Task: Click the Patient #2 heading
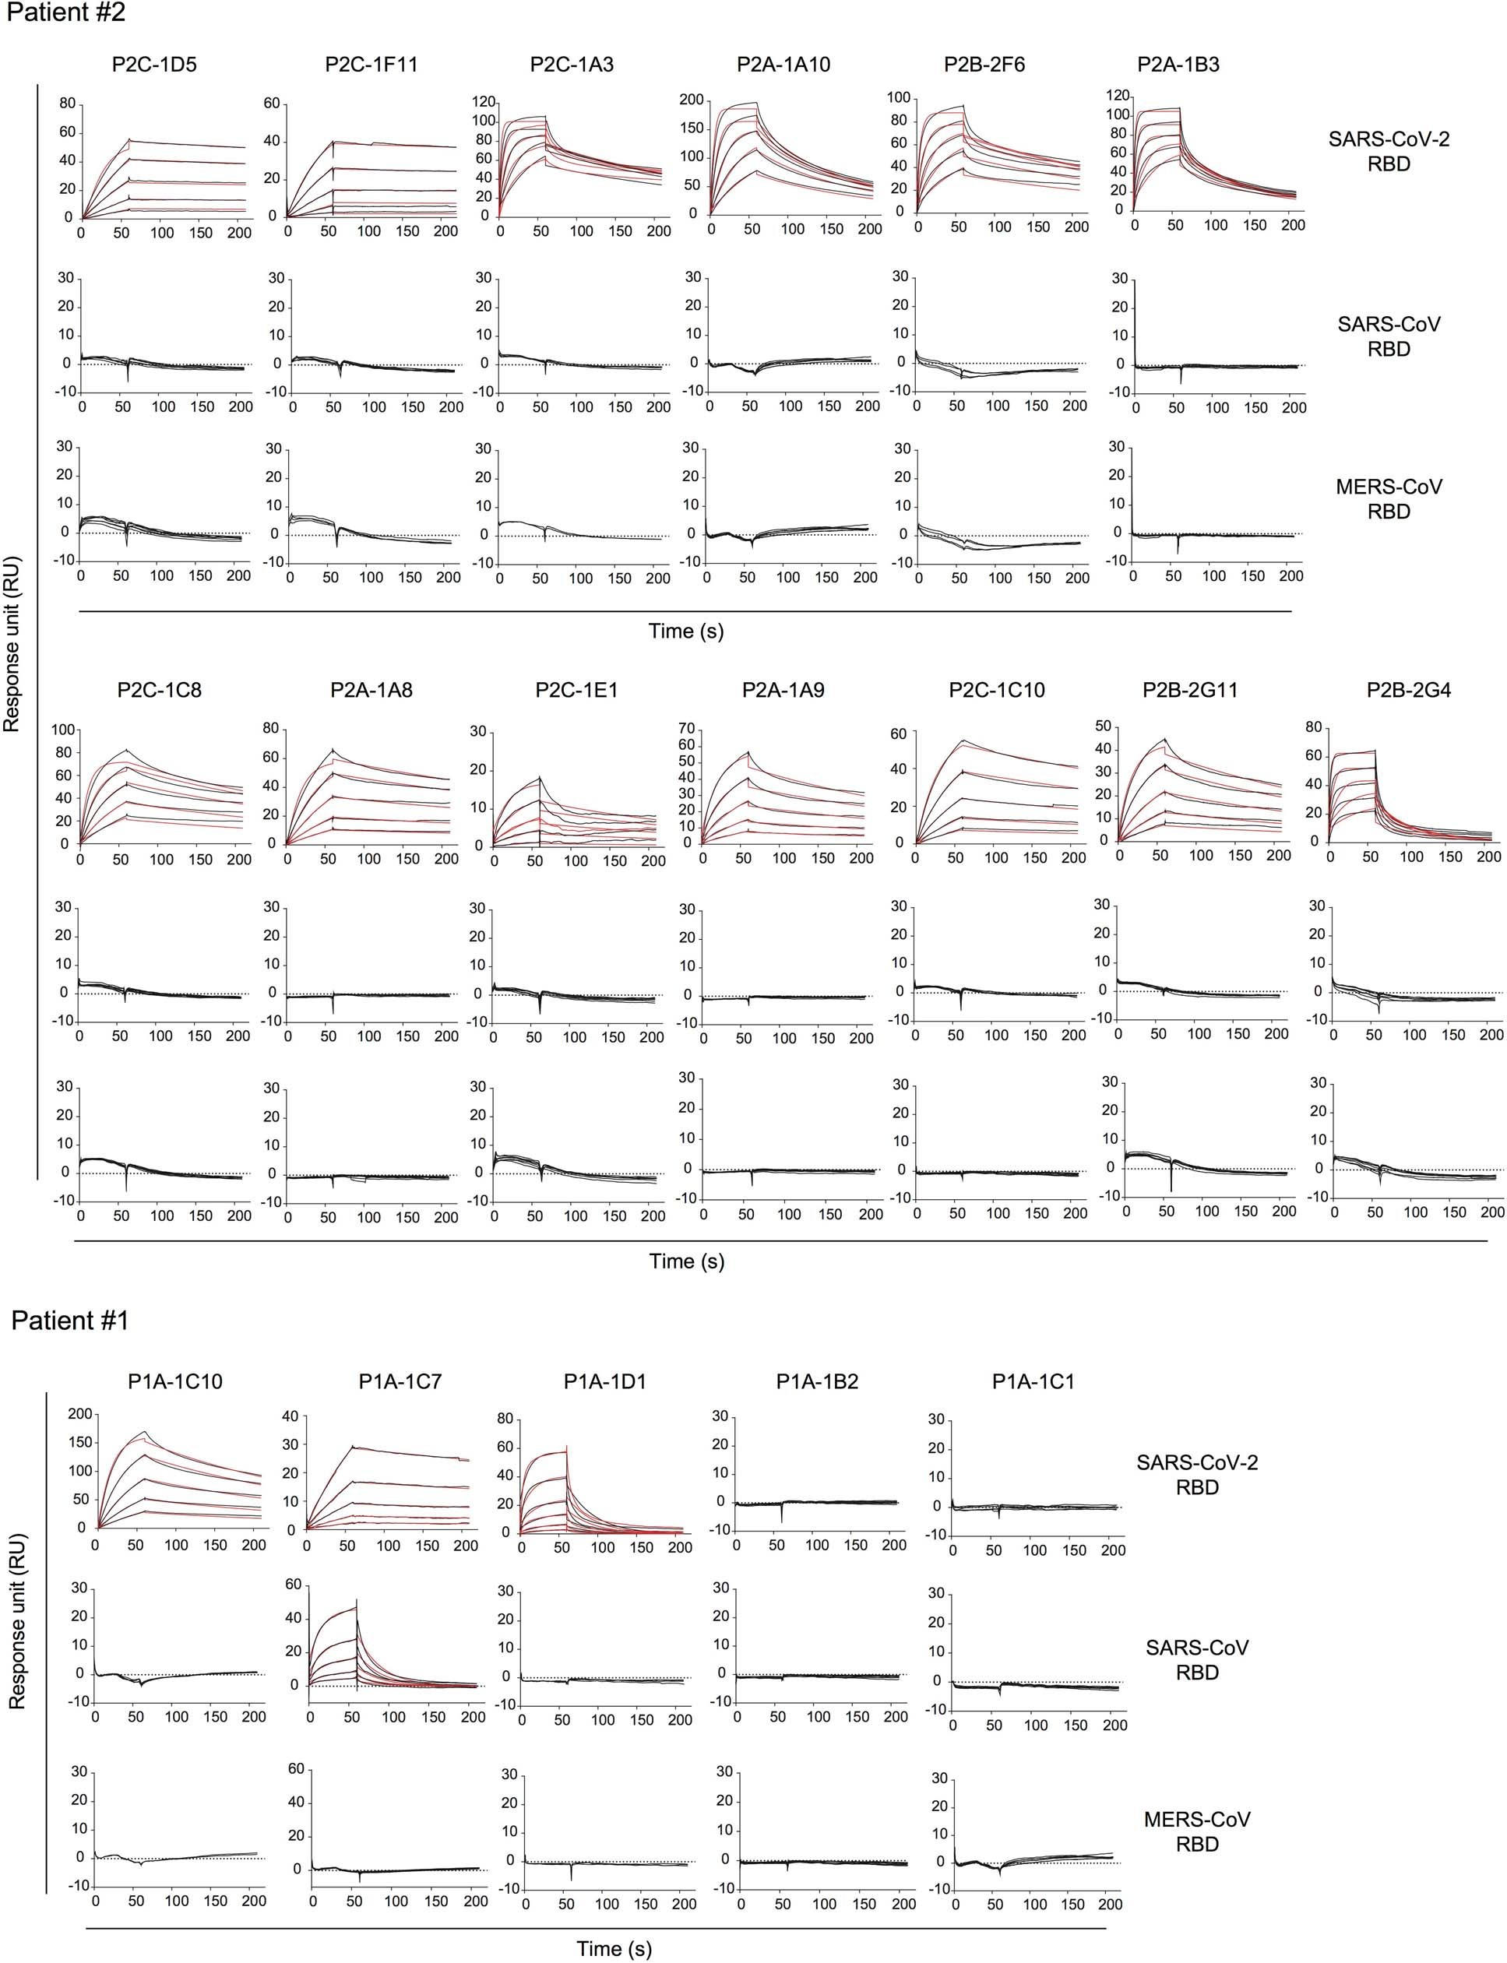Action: [65, 13]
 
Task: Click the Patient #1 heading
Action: [70, 1321]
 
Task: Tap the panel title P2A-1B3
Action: [1178, 65]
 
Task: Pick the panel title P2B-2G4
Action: [1408, 691]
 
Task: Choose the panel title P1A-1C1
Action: [1033, 1382]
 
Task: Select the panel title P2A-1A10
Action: [783, 65]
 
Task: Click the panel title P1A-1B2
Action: [816, 1382]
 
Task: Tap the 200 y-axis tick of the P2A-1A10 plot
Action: [692, 100]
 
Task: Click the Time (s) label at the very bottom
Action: [614, 1949]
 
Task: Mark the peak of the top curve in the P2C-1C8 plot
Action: [129, 749]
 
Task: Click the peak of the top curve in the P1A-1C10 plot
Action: [144, 1432]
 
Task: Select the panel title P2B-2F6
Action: [984, 65]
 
